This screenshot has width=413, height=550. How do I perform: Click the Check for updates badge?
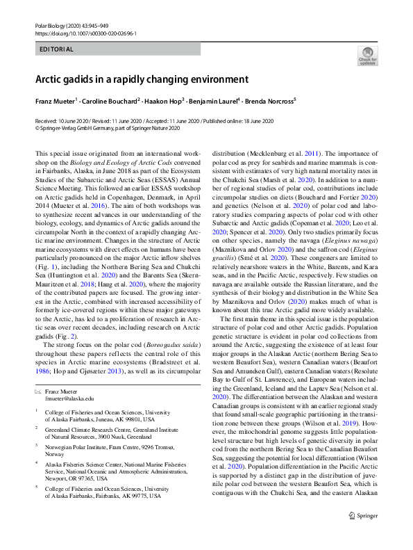[x=367, y=56]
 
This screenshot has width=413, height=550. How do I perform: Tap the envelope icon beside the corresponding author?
[x=37, y=392]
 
